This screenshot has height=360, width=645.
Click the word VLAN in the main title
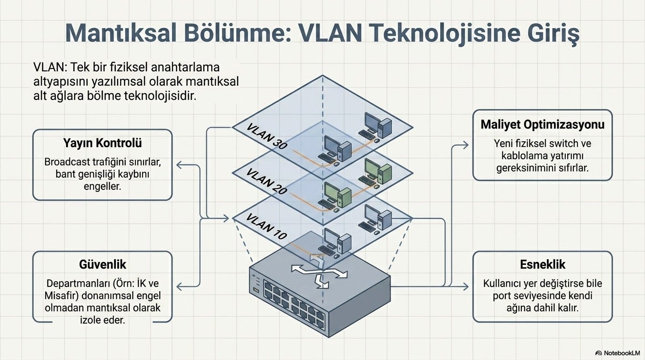(328, 33)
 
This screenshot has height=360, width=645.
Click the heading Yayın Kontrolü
(103, 143)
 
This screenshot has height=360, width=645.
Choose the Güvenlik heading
(103, 264)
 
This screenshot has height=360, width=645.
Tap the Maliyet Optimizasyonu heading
(542, 124)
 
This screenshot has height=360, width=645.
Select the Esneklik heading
(542, 264)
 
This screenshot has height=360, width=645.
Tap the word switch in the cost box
(562, 143)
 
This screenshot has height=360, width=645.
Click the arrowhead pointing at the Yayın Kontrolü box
(179, 165)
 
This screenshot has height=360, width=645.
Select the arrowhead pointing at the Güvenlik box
(179, 286)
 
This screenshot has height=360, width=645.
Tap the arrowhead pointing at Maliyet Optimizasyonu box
(465, 145)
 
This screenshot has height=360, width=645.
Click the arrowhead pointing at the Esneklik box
(465, 286)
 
